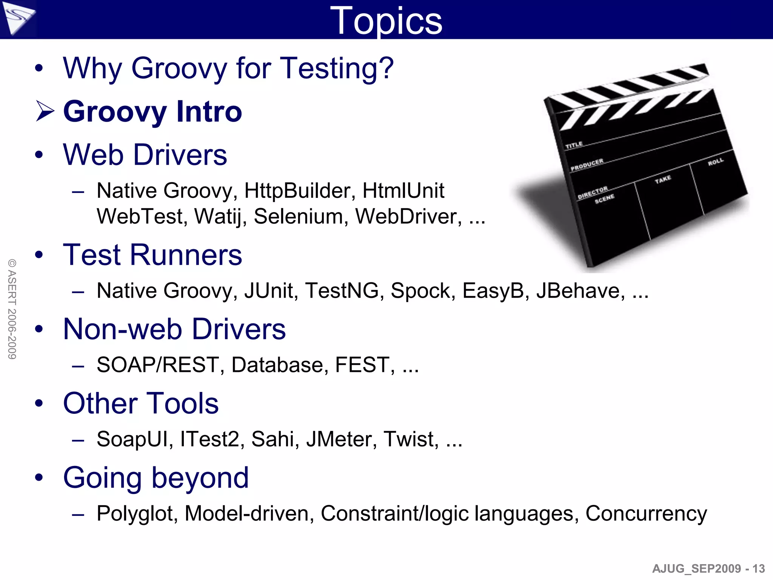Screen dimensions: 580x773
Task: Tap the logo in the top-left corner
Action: click(18, 18)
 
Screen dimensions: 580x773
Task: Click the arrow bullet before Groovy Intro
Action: click(45, 111)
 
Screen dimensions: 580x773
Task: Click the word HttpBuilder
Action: click(300, 191)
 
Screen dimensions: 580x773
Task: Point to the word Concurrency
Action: click(646, 514)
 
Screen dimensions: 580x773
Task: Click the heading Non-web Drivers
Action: click(174, 329)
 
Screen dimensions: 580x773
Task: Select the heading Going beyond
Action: click(156, 478)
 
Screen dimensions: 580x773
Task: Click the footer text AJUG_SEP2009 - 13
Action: click(708, 569)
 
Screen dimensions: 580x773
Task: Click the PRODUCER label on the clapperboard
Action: click(587, 165)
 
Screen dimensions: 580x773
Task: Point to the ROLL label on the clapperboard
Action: click(716, 162)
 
